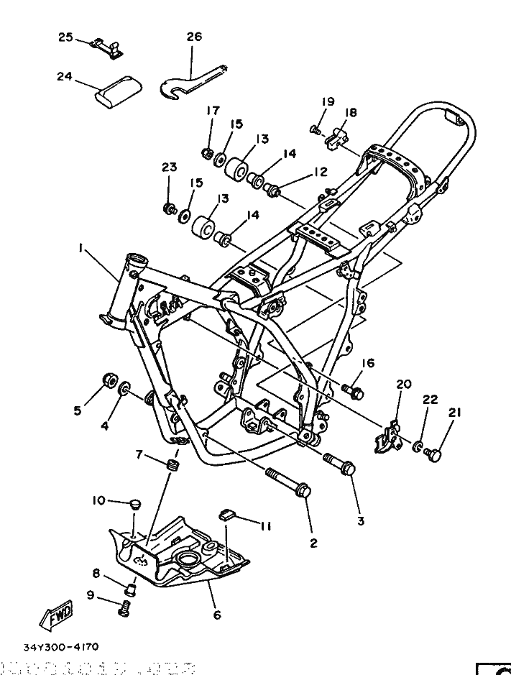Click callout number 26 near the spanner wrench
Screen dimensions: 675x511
(x=194, y=37)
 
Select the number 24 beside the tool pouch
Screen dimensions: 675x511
(x=65, y=75)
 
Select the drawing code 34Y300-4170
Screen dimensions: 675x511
(x=61, y=646)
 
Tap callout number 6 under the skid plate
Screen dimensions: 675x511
(x=217, y=615)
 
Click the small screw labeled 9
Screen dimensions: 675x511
(x=125, y=611)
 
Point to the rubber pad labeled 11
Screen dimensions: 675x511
(x=226, y=513)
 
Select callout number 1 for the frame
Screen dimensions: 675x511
(x=82, y=248)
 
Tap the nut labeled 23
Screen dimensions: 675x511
(x=170, y=209)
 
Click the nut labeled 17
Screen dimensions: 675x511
(x=206, y=153)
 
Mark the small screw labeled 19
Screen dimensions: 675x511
(x=314, y=129)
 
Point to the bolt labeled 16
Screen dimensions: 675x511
(x=354, y=392)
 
